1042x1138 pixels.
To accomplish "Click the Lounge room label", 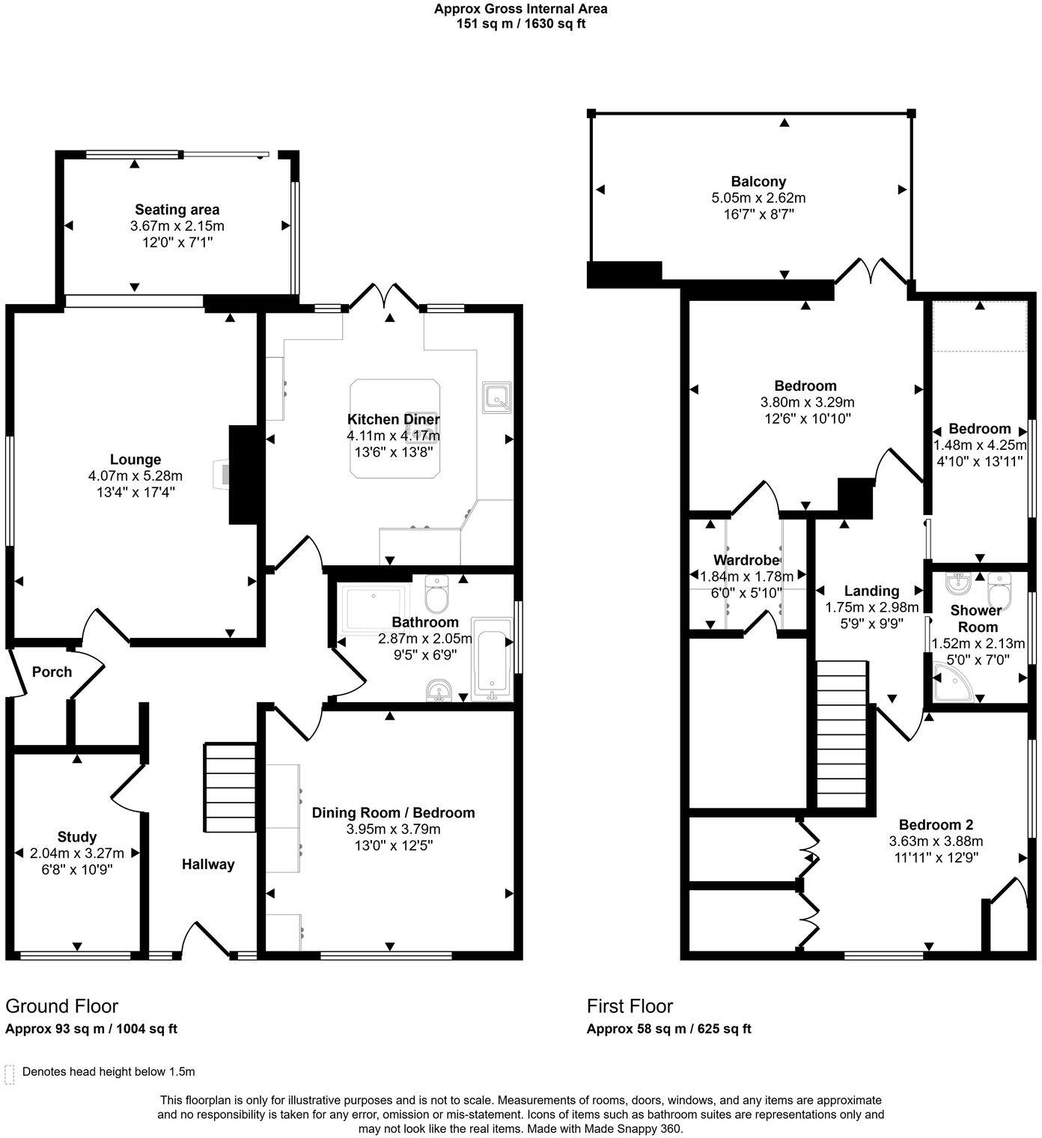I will (x=135, y=460).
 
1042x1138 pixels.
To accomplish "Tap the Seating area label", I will (x=177, y=210).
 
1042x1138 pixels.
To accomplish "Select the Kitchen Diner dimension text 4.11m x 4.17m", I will (x=393, y=436).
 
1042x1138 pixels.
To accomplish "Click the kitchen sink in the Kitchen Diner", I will (x=496, y=397).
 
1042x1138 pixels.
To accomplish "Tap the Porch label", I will (x=52, y=672).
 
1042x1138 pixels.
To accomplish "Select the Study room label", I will (x=77, y=837).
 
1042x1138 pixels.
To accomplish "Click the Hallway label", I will (x=208, y=865).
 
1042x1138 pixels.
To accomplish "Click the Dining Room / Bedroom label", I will (x=393, y=813).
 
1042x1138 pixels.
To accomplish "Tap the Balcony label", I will (x=758, y=181).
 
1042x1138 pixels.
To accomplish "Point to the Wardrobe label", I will (x=746, y=560).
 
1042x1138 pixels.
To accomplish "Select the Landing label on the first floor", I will (x=871, y=591).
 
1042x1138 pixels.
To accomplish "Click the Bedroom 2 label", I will (x=936, y=825).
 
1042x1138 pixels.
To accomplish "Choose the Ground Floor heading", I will (x=61, y=1005).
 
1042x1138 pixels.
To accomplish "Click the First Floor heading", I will (x=630, y=1005).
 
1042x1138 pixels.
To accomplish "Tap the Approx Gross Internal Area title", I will (x=521, y=9).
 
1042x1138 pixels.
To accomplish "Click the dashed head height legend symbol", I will (x=10, y=1074).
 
